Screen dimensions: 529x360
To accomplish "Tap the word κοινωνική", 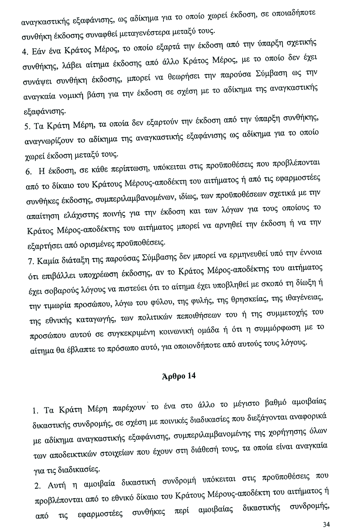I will [177, 333].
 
